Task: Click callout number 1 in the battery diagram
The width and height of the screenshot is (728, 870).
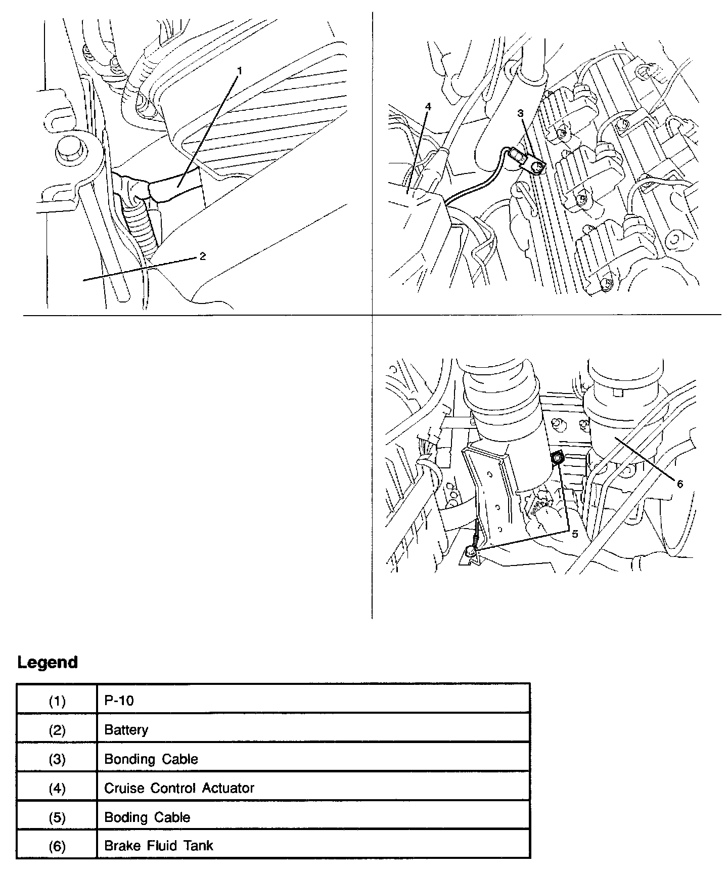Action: click(x=240, y=71)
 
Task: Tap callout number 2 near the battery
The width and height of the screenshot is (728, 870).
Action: click(x=203, y=256)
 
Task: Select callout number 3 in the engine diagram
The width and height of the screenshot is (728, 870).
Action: click(x=520, y=113)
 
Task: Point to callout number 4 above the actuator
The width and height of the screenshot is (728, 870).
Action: click(x=428, y=107)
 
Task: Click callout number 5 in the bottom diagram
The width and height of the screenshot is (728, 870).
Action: click(x=574, y=534)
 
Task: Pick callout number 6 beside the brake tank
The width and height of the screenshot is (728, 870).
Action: click(x=680, y=484)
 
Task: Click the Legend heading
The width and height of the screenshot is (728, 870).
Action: click(x=48, y=662)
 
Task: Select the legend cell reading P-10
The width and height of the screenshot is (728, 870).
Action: click(x=119, y=701)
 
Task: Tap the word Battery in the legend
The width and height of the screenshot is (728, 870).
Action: click(x=126, y=730)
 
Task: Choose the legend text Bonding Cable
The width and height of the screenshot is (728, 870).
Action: click(x=151, y=759)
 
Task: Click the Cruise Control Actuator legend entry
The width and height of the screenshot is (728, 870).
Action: click(x=179, y=788)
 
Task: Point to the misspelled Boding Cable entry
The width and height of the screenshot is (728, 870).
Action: click(x=147, y=817)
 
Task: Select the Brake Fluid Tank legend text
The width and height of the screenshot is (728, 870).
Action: click(x=158, y=846)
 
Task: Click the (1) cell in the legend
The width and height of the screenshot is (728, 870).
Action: click(x=57, y=701)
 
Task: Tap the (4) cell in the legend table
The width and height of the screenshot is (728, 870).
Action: click(x=57, y=789)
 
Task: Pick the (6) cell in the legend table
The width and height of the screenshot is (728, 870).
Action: click(x=57, y=846)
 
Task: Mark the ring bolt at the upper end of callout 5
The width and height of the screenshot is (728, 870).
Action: click(x=557, y=458)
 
